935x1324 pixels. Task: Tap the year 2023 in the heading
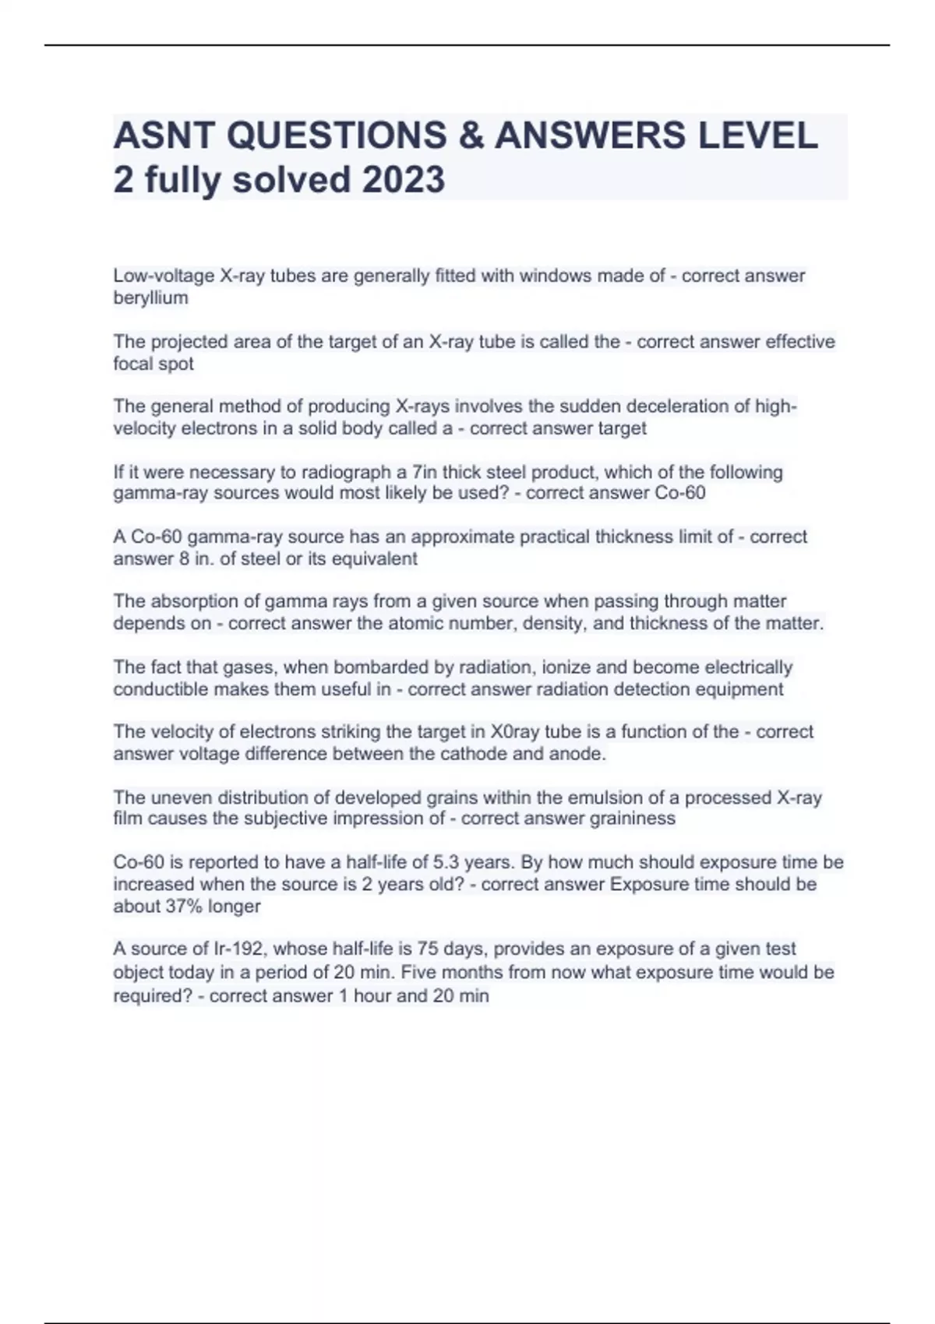(403, 180)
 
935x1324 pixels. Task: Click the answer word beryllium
(150, 298)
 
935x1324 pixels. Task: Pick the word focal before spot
(134, 364)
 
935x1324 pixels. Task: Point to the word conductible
(160, 690)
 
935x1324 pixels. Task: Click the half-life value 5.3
(446, 863)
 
